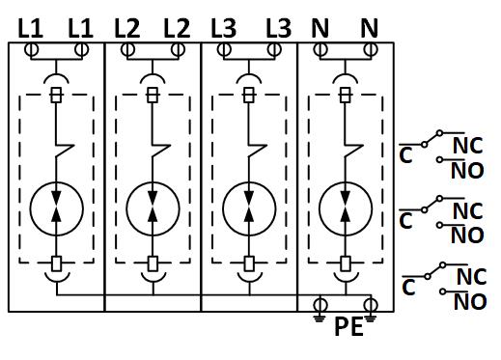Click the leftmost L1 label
pos(30,28)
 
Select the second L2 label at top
pos(177,28)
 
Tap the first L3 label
pos(224,28)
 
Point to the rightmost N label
pos(369,28)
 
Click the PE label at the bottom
pos(349,326)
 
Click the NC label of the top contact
pos(467,146)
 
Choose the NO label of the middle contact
pos(467,235)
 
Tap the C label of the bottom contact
pos(408,288)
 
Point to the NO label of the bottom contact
pos(470,301)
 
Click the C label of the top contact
pos(405,155)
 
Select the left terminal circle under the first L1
pos(31,50)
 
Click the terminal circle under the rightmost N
pos(371,50)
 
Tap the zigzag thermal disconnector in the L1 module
pos(65,151)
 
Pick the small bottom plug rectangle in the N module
pos(346,263)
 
